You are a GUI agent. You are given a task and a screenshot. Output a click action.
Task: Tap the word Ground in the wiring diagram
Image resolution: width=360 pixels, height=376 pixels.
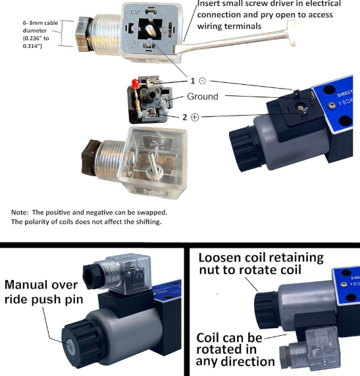point(202,97)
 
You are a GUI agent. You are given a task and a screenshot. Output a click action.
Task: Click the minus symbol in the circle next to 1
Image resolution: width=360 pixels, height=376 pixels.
point(202,81)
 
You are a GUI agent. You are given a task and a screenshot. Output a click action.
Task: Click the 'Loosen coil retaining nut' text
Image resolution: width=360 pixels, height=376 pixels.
point(261,264)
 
